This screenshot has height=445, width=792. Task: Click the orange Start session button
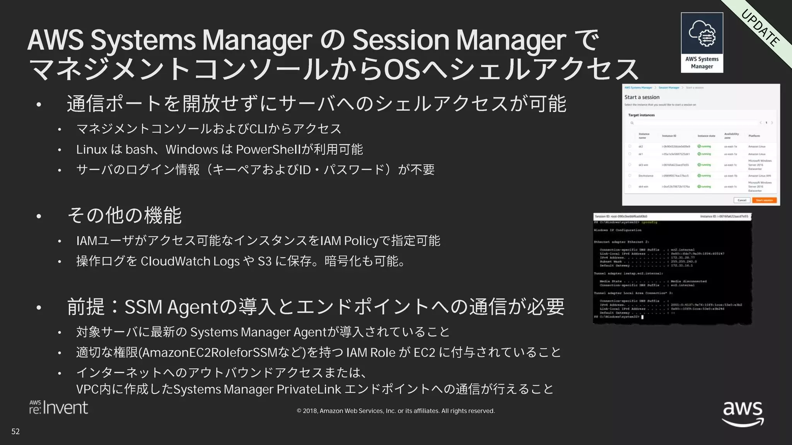coord(764,200)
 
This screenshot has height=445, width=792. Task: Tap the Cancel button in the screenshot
coord(742,200)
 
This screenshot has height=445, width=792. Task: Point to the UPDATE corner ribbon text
coord(760,27)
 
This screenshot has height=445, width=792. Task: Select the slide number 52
coord(15,431)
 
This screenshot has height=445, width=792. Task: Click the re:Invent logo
coord(59,408)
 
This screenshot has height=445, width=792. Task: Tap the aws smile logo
coord(743,414)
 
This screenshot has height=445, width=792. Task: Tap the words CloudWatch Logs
coord(190,262)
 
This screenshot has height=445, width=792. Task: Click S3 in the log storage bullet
coord(265,262)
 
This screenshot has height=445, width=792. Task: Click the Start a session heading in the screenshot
coord(642,97)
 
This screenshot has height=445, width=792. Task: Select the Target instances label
coord(641,115)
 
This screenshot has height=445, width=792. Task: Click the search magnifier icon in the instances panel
coord(632,123)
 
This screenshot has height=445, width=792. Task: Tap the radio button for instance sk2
coord(630,146)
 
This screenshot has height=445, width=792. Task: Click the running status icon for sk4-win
coord(699,187)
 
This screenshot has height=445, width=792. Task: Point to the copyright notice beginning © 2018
coord(396,411)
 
